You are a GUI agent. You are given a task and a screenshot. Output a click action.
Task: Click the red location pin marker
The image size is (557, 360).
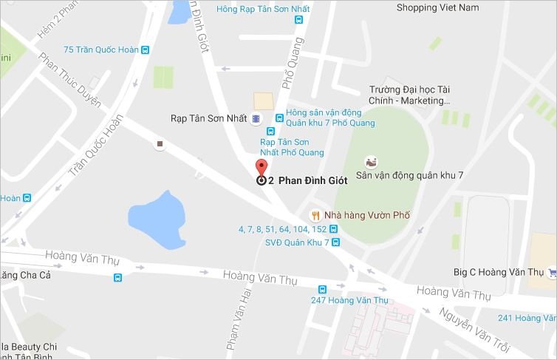coord(260,168)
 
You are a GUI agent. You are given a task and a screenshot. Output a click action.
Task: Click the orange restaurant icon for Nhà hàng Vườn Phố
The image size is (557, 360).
coord(315,215)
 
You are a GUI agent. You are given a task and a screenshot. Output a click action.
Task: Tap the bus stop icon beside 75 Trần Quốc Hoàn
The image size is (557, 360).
coord(146,50)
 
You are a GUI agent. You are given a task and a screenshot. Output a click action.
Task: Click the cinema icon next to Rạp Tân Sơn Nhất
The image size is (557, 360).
coord(256,118)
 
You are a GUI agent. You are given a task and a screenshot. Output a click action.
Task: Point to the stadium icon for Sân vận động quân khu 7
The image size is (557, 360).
coord(372,161)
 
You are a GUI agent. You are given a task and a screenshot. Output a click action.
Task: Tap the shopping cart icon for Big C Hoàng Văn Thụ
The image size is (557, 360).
coord(552,272)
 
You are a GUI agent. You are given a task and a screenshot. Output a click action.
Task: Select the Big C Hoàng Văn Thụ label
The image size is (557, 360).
coord(499,272)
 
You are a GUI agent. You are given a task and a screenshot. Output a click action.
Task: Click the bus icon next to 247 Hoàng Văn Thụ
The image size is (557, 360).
coord(322,289)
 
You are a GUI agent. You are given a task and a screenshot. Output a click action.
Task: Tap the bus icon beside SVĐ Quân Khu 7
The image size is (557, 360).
coord(335,242)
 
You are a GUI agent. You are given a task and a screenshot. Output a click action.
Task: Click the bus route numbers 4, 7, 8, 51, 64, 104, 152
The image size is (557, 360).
coord(282,229)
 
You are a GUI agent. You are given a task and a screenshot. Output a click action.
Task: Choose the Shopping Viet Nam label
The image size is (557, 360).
coord(437,8)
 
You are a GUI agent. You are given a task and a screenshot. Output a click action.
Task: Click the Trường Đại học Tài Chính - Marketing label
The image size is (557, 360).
coord(409,95)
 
